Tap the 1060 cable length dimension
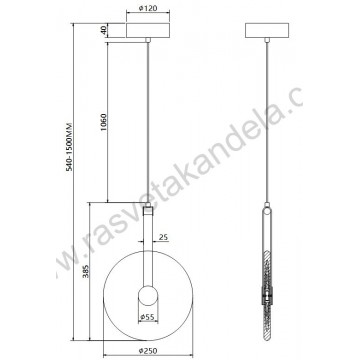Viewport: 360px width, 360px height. pyautogui.click(x=103, y=125)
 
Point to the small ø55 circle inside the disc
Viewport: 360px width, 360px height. pyautogui.click(x=148, y=296)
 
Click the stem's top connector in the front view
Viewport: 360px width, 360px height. pyautogui.click(x=148, y=211)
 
